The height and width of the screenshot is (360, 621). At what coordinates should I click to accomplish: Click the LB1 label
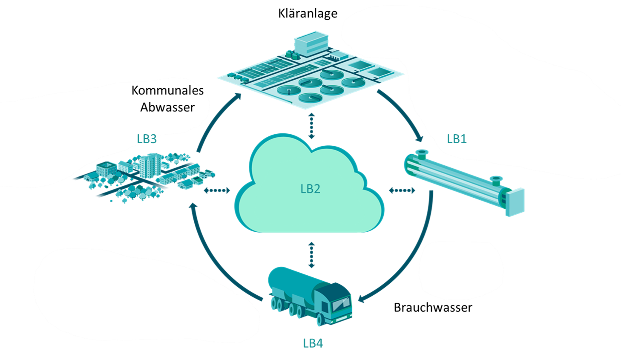(456, 139)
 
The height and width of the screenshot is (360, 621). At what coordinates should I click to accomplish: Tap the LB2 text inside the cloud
(310, 189)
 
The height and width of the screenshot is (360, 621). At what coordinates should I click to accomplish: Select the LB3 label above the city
(147, 139)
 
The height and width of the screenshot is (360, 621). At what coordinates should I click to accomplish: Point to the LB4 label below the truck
(313, 343)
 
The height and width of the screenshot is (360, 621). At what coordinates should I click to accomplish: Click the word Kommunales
(167, 90)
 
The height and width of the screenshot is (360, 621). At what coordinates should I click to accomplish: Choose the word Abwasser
(167, 107)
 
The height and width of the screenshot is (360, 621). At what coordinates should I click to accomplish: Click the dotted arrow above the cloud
(312, 126)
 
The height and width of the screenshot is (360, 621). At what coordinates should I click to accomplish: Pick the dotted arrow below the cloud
(312, 255)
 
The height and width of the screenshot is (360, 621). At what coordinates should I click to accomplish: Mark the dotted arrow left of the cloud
(217, 190)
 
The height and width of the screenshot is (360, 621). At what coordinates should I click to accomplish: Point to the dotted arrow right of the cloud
(402, 190)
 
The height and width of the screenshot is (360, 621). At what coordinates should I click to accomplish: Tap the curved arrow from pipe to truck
(409, 264)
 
